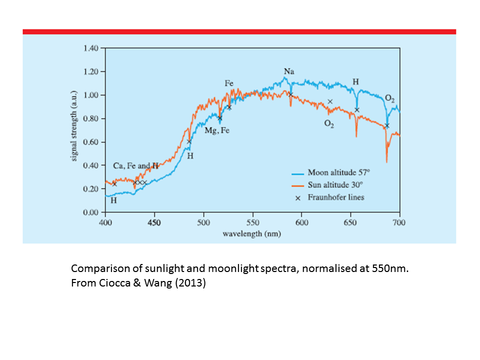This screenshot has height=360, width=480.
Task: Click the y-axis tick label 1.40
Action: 91,48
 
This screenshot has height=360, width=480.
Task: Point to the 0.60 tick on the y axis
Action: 91,142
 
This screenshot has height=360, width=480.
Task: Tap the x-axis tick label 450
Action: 154,222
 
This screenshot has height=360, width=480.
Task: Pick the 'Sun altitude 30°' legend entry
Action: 337,185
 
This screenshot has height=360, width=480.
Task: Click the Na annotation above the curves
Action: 289,72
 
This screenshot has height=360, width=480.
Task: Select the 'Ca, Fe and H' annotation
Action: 135,166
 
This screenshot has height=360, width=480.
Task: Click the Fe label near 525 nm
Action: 229,84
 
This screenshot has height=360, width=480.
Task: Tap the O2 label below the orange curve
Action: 328,124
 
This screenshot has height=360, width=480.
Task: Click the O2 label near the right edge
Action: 390,97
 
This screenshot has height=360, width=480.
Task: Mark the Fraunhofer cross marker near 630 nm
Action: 330,101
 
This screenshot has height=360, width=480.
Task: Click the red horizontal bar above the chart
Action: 239,31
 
